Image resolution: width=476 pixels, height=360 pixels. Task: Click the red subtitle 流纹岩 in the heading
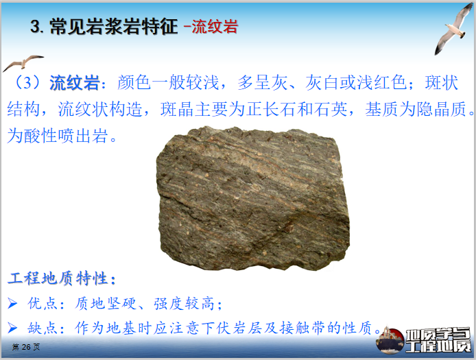coord(215,27)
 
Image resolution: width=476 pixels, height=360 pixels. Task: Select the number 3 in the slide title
coord(36,27)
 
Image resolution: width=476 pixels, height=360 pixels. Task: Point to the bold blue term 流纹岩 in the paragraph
coord(73,84)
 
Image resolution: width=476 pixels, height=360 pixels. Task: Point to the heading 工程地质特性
coord(58,279)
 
